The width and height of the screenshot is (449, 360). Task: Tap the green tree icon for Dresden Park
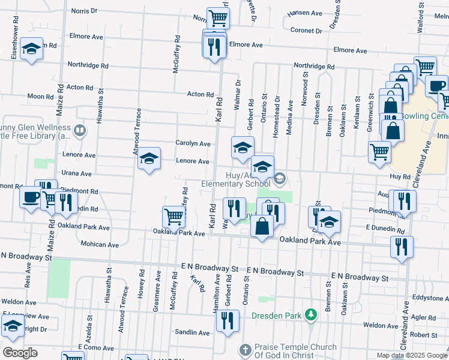310,314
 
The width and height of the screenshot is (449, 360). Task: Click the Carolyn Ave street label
193,144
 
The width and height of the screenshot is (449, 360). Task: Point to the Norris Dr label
84,11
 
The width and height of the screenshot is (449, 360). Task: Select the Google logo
20,353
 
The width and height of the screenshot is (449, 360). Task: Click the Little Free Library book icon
80,130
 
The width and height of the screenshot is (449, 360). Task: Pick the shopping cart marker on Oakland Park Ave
173,216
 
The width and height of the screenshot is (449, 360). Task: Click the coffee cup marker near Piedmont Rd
30,197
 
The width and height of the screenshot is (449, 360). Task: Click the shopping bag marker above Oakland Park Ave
262,226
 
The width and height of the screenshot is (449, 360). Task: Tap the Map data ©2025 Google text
411,355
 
